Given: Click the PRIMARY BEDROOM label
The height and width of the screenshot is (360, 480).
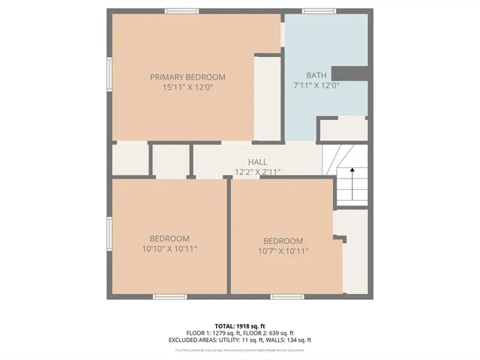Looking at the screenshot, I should pos(187,77).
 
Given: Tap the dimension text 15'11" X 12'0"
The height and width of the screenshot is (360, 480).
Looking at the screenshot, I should pos(187,87).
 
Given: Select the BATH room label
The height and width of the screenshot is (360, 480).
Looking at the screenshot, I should pos(316,75).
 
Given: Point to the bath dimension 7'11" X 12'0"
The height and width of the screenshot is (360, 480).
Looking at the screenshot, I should pos(316,85).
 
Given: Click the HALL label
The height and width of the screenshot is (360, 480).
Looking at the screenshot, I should pos(257,162).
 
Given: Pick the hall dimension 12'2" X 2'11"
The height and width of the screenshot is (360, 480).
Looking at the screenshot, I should pos(257,172).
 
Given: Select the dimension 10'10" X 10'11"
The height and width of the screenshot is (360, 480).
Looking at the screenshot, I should pos(169,248).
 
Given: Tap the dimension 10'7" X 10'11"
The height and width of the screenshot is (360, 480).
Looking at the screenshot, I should pos(283,251).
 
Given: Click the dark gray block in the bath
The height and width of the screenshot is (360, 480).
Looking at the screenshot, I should pos(349,73).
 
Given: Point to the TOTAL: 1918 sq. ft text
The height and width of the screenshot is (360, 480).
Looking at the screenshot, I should pos(239,325).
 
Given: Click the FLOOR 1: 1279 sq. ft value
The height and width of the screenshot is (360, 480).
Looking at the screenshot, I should pos(212,332).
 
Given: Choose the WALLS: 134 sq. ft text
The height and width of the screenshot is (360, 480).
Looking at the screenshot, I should pos(287,340).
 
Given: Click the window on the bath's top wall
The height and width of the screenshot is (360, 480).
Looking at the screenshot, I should pos(319,11).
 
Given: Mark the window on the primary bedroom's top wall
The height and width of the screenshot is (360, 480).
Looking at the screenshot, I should pos(181,11).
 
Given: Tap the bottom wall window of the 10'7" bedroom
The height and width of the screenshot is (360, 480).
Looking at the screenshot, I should pos(286,297).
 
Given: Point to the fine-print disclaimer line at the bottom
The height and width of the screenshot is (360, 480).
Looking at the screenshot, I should pos(239,349).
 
